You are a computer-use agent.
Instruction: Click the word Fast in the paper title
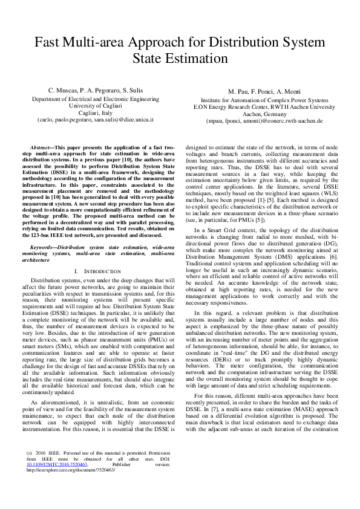[x=46, y=43]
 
